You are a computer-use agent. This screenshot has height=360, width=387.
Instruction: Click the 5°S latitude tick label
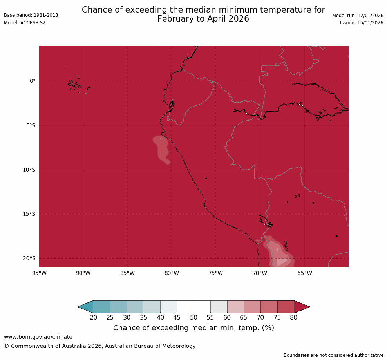[x=31, y=126]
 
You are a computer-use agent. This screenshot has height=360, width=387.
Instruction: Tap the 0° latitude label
[x=33, y=81]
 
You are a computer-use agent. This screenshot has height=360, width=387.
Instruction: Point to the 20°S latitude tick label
[x=29, y=259]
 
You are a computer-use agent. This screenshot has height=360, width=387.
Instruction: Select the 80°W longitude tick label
[x=172, y=273]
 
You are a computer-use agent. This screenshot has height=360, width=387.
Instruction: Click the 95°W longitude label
[x=39, y=273]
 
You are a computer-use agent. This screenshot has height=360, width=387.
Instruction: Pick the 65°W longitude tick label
[x=304, y=273]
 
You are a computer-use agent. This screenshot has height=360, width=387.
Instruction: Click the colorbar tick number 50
[x=193, y=318]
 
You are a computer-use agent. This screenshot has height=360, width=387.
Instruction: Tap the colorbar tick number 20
[x=94, y=318]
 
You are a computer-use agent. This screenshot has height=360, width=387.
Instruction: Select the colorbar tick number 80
[x=294, y=318]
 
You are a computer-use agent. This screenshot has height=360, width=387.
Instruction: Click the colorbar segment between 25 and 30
[x=118, y=307]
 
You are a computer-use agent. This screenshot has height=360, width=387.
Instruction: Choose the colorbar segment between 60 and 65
[x=235, y=307]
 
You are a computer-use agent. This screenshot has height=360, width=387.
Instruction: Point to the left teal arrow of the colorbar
[x=86, y=307]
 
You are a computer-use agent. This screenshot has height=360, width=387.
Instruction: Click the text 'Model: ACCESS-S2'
[x=25, y=23]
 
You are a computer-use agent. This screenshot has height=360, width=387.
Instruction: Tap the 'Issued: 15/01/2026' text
[x=361, y=23]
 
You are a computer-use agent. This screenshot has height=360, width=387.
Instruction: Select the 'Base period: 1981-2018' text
[x=31, y=15]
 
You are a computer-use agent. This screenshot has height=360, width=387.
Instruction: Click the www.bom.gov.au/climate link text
[x=38, y=337]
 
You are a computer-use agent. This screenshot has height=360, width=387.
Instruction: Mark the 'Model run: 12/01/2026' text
[x=358, y=16]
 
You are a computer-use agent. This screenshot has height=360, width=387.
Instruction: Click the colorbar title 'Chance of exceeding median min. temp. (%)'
[x=193, y=328]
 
